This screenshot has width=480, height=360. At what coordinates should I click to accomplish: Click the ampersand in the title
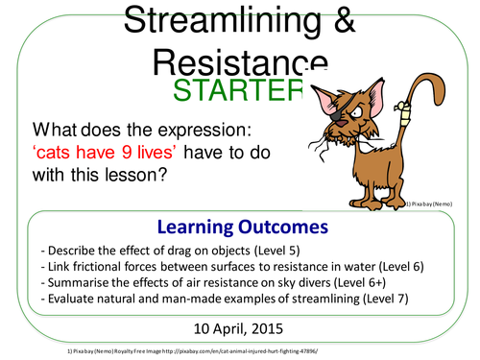coord(337,24)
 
